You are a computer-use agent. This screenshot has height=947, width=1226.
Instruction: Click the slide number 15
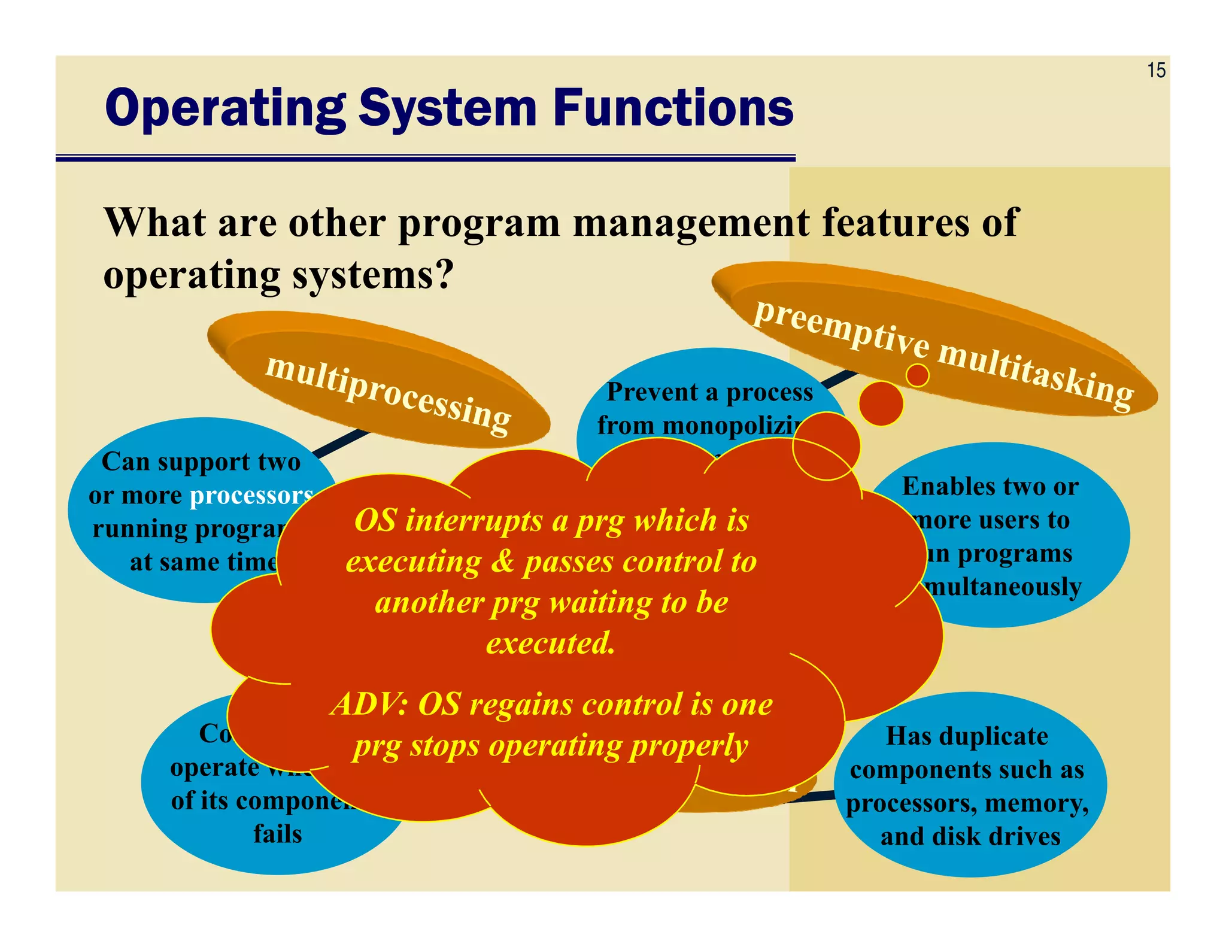tap(1156, 71)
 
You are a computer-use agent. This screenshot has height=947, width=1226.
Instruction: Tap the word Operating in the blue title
tap(225, 109)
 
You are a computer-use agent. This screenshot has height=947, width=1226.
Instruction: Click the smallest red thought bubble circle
tap(917, 376)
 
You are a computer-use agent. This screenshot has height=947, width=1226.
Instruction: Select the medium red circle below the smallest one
tap(881, 404)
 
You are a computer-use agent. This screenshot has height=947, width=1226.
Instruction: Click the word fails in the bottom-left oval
tap(277, 833)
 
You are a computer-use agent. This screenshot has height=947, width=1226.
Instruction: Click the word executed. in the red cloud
tap(550, 643)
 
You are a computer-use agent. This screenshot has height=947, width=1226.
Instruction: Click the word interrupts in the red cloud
tap(476, 520)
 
